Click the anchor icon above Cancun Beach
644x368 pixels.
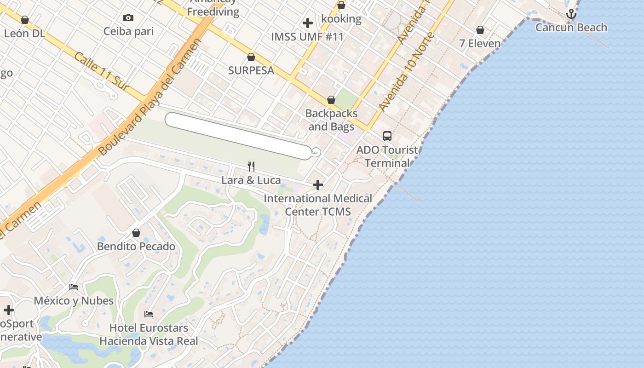[571, 14]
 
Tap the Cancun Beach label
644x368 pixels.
[571, 28]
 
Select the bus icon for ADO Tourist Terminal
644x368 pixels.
[387, 136]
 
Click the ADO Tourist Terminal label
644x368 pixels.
[387, 156]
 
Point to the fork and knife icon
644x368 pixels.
[251, 166]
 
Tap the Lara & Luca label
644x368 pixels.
[251, 180]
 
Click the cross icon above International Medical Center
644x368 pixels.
[318, 185]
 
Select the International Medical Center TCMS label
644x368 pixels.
[318, 205]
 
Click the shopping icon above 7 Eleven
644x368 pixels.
[480, 30]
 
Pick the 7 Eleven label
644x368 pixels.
[480, 44]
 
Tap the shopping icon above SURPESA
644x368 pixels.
[251, 57]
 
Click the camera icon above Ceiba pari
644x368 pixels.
[128, 18]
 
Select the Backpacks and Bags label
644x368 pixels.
[331, 120]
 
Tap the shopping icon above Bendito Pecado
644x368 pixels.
[136, 233]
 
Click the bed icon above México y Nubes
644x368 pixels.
[74, 287]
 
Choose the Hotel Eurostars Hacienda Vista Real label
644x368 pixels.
[149, 334]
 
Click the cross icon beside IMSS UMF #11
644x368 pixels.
[308, 23]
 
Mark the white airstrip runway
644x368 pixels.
[238, 136]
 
